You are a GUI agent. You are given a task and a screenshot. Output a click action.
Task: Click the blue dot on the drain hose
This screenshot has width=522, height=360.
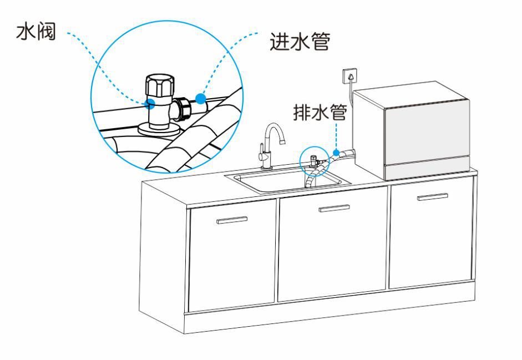pyautogui.click(x=336, y=152)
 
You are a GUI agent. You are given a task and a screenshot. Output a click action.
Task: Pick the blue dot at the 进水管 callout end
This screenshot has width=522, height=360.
pyautogui.click(x=200, y=99)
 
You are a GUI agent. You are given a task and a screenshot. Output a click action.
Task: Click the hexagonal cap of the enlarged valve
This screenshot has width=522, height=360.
pyautogui.click(x=159, y=85)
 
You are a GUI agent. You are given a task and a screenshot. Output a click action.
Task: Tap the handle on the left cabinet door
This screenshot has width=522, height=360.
pyautogui.click(x=232, y=220)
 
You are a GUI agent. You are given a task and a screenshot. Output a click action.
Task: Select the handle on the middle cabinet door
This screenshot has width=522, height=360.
pyautogui.click(x=335, y=208)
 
